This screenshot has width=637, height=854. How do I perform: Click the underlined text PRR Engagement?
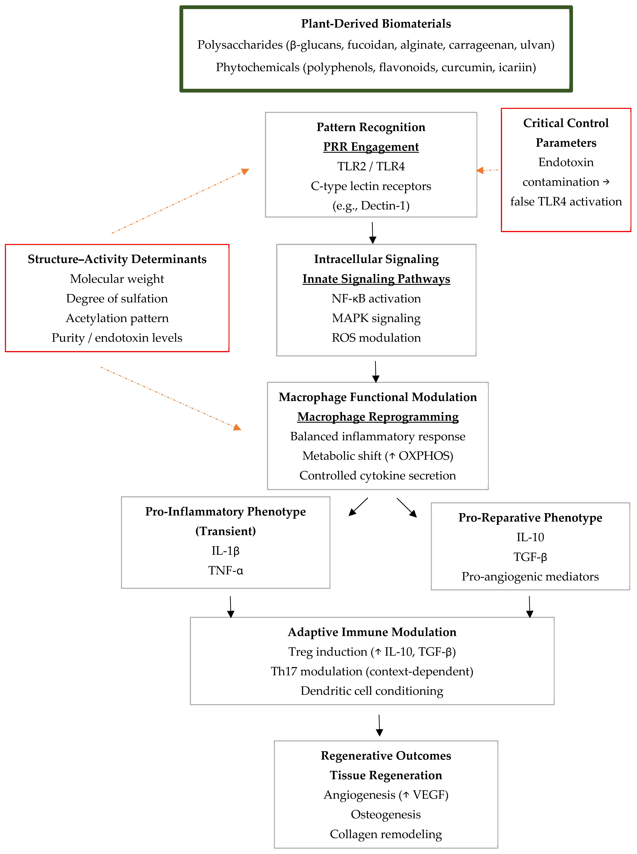point(371,147)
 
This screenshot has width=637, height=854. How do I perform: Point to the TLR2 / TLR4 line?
point(371,166)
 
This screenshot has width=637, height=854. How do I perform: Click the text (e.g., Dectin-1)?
point(371,206)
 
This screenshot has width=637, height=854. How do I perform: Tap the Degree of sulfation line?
point(117,299)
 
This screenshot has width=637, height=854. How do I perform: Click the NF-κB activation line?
point(376,299)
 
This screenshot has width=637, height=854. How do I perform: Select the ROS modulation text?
point(376,338)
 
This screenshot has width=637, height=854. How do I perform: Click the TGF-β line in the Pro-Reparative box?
point(530,557)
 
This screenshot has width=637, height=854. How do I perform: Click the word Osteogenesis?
point(386,815)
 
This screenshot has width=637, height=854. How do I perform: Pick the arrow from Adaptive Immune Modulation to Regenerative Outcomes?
point(379,725)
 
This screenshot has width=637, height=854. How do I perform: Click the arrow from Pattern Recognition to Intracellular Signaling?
point(372,233)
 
